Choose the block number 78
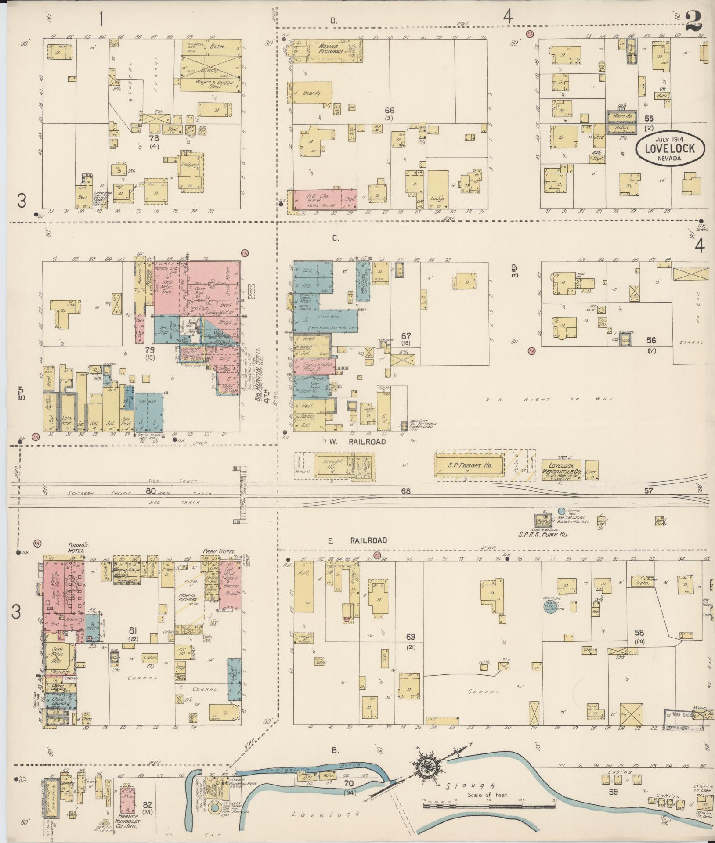click(x=154, y=139)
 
